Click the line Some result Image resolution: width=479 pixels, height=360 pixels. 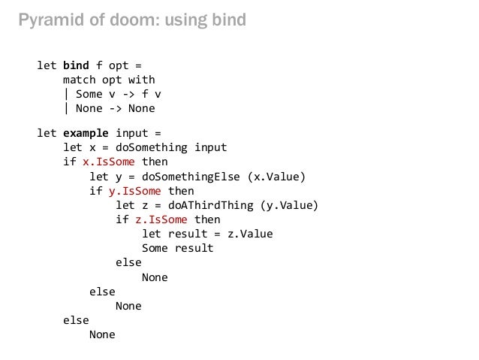click(x=177, y=248)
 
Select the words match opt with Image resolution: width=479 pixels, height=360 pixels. click(x=109, y=80)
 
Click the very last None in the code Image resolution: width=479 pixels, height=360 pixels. click(x=102, y=334)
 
